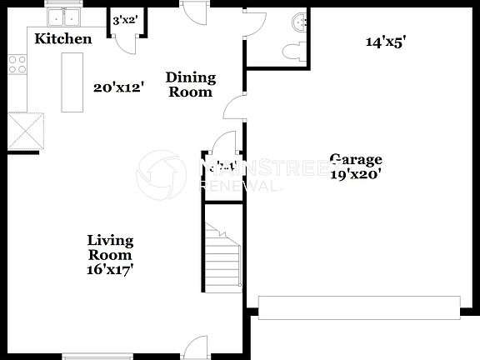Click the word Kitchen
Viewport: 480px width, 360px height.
[x=62, y=39]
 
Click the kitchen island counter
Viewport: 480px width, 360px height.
[x=73, y=82]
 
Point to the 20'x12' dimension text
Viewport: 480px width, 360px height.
[x=119, y=87]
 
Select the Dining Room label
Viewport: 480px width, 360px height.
[x=191, y=84]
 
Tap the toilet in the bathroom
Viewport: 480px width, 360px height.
[x=292, y=52]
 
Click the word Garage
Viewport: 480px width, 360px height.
[x=356, y=160]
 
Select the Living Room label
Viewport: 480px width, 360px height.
[x=110, y=247]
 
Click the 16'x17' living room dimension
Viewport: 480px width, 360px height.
[x=110, y=269]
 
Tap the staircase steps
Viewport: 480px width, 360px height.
[x=222, y=258]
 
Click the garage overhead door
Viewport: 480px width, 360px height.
[x=359, y=307]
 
